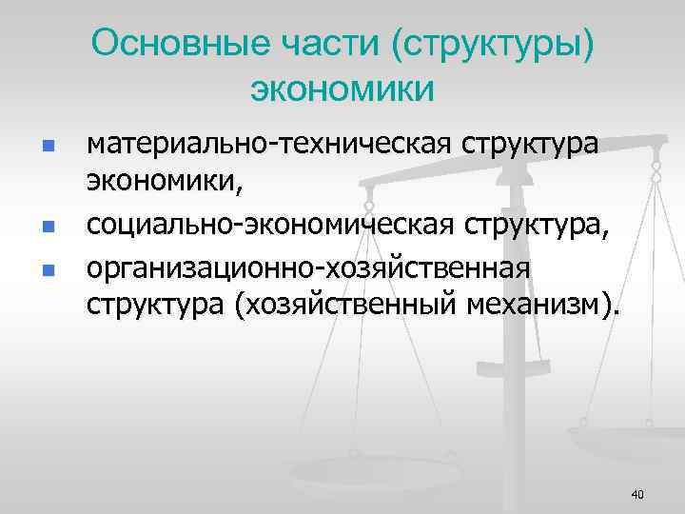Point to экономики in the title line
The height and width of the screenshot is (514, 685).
click(x=342, y=89)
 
